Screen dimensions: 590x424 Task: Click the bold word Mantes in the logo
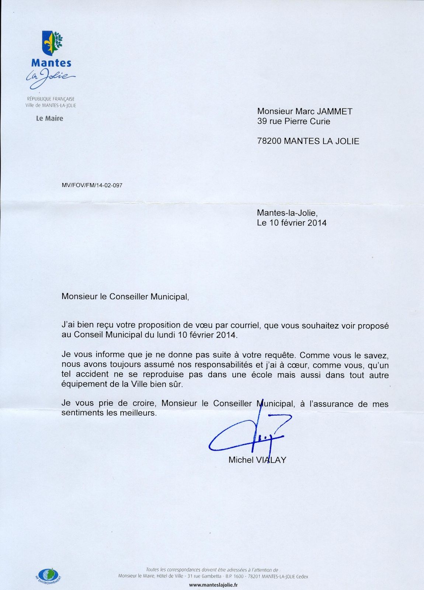(x=51, y=63)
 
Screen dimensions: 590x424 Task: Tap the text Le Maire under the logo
(x=49, y=118)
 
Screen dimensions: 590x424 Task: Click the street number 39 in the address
(x=262, y=121)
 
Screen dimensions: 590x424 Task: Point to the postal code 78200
(x=269, y=141)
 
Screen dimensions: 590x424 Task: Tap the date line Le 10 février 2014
(x=292, y=223)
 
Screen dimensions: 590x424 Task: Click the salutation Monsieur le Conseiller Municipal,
(x=125, y=297)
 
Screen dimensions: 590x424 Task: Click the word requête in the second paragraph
(x=279, y=355)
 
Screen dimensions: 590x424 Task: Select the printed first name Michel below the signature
(x=241, y=460)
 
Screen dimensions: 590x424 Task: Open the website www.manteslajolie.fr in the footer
(x=213, y=585)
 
